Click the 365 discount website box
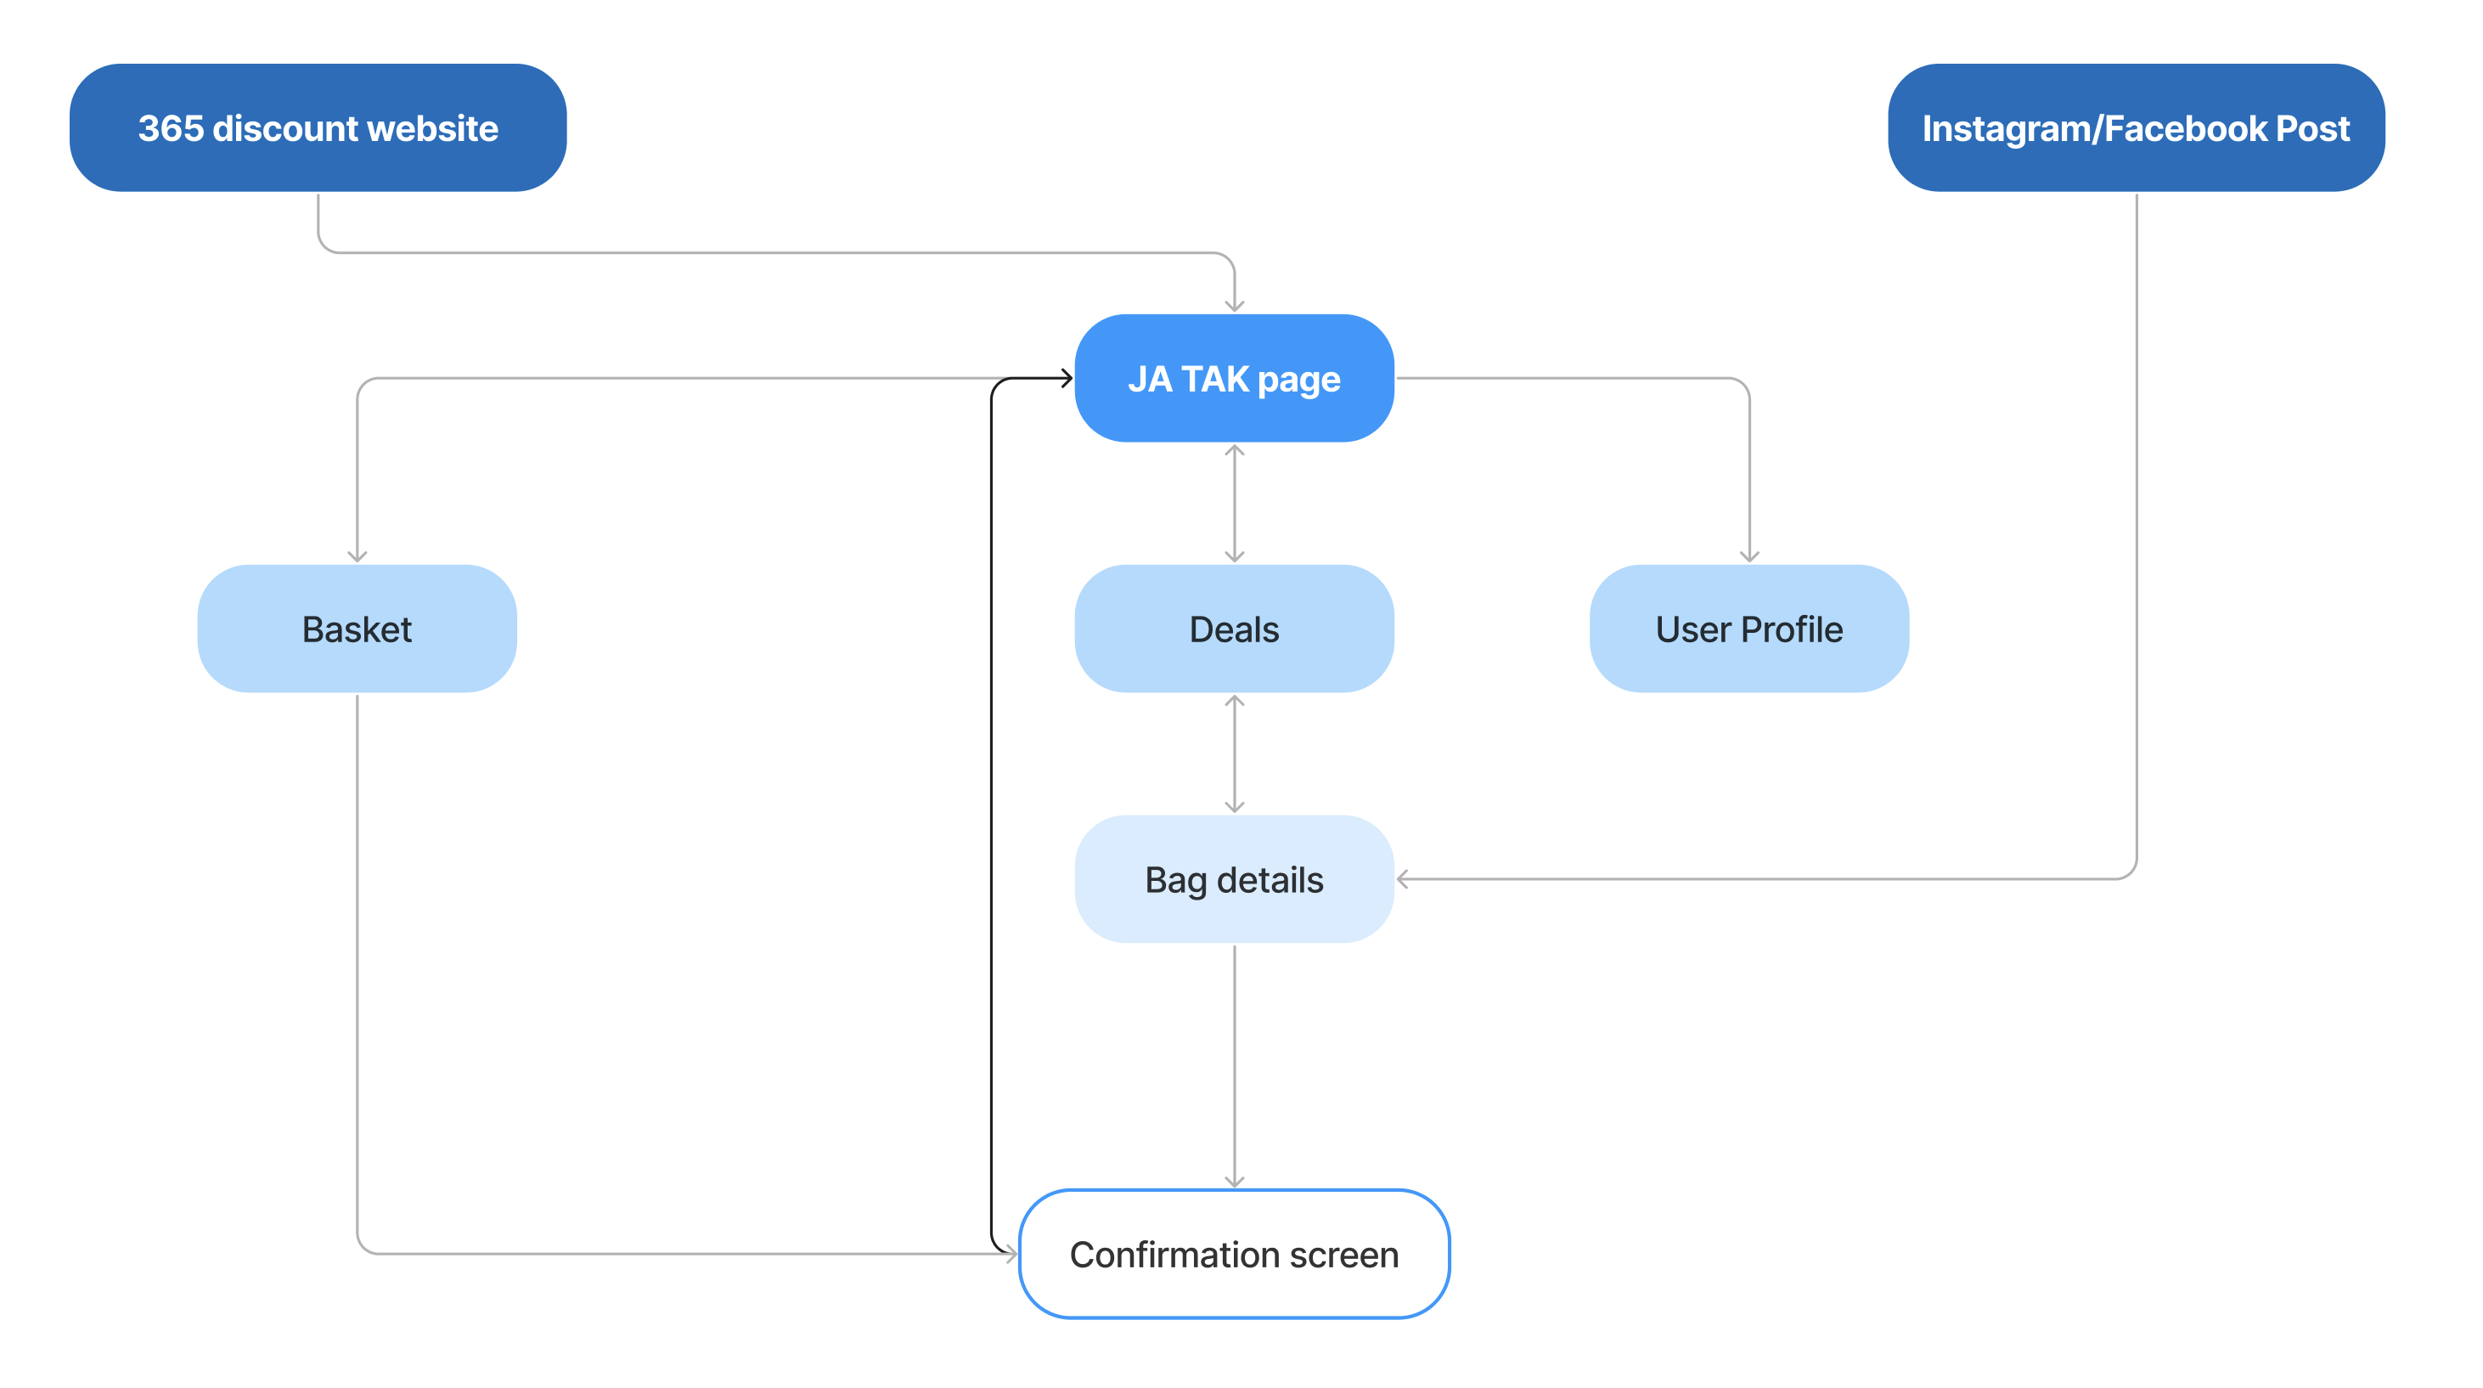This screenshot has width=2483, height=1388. tap(318, 127)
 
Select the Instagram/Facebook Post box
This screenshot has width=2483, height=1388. tap(2136, 127)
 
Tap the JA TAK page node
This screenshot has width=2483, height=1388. tap(1234, 378)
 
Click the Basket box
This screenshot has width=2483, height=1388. tap(357, 629)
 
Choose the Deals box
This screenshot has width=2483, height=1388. tap(1234, 629)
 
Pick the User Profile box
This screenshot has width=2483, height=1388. tap(1749, 629)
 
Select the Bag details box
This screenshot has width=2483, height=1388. tap(1234, 879)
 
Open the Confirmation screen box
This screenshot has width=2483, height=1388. tap(1234, 1254)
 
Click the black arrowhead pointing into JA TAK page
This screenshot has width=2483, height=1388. tap(1066, 378)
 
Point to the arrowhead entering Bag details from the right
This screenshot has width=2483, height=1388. tap(1404, 879)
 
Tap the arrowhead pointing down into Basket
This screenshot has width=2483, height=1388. tap(357, 556)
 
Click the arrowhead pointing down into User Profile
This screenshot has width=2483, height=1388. tap(1749, 556)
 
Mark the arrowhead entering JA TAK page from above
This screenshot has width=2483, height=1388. tap(1234, 306)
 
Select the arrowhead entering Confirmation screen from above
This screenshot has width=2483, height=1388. tap(1234, 1182)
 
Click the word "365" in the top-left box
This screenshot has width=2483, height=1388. tap(171, 128)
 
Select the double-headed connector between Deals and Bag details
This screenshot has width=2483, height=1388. tap(1234, 753)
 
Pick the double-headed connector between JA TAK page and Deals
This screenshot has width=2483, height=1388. tap(1234, 503)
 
